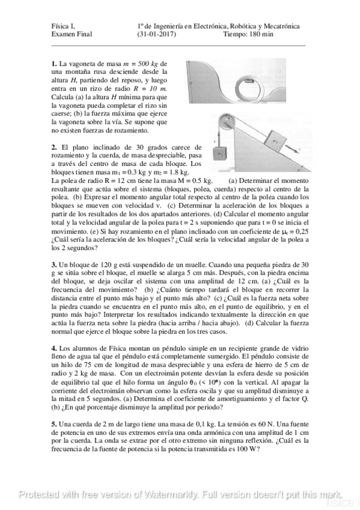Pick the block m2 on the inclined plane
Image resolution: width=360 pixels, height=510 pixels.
pyautogui.click(x=276, y=141)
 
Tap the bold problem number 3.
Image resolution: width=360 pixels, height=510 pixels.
pyautogui.click(x=54, y=265)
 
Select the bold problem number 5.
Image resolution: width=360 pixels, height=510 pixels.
pyautogui.click(x=54, y=425)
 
